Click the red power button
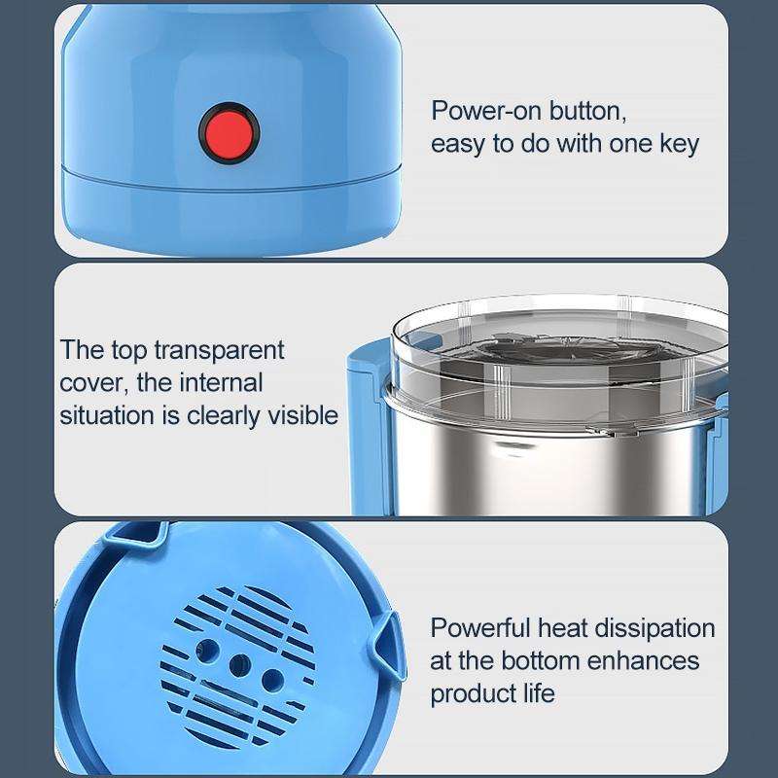(x=230, y=133)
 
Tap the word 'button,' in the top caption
(x=588, y=110)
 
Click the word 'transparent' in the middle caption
(x=219, y=351)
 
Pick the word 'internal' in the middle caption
(x=221, y=382)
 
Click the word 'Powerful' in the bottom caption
(x=480, y=627)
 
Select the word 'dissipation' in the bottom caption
(x=654, y=628)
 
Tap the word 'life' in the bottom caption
(x=539, y=693)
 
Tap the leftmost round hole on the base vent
(x=207, y=650)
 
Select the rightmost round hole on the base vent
(x=272, y=680)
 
